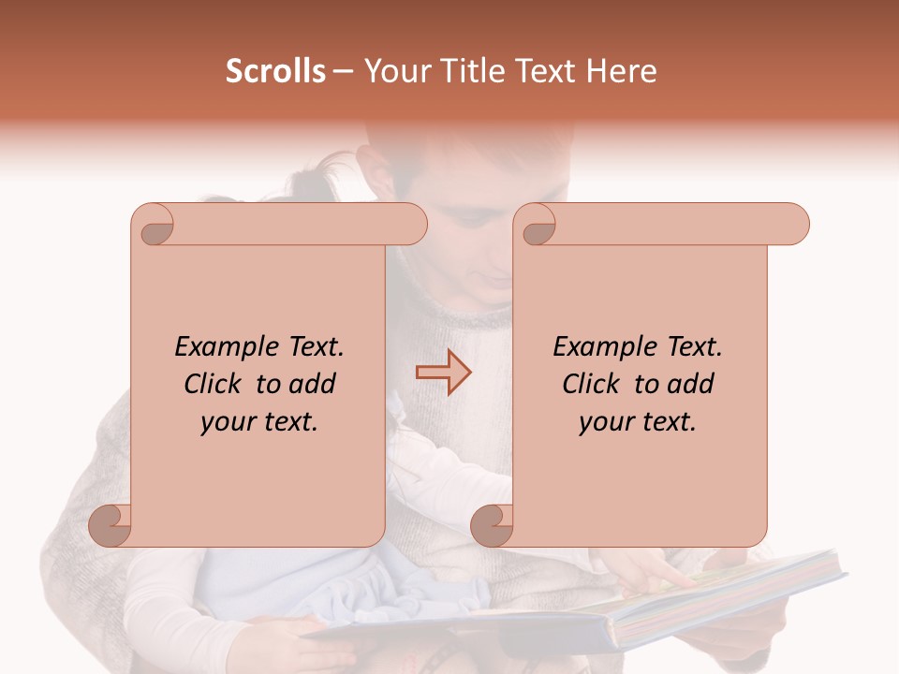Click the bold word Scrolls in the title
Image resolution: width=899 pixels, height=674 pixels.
275,71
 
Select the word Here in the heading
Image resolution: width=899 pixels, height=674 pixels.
621,71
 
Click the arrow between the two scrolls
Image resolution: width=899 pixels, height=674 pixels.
444,373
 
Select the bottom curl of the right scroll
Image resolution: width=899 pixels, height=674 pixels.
494,524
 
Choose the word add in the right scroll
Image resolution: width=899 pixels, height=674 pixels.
691,385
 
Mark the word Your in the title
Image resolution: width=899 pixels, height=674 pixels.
393,71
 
